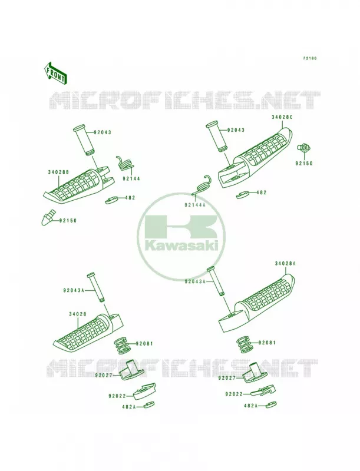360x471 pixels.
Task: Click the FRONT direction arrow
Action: click(55, 73)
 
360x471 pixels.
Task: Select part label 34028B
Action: click(58, 172)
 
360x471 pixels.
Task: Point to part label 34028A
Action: click(285, 263)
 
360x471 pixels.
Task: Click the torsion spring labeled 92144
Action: click(125, 164)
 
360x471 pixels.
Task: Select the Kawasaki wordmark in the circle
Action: click(181, 246)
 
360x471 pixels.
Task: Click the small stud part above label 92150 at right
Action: click(303, 148)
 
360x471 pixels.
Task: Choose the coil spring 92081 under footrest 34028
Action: click(123, 346)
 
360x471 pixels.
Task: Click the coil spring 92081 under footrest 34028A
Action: click(245, 344)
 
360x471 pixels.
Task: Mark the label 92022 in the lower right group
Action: click(234, 394)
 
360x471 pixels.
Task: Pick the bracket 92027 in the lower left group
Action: click(131, 370)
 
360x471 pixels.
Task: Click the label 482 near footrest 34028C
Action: click(262, 193)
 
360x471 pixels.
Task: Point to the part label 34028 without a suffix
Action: click(78, 314)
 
